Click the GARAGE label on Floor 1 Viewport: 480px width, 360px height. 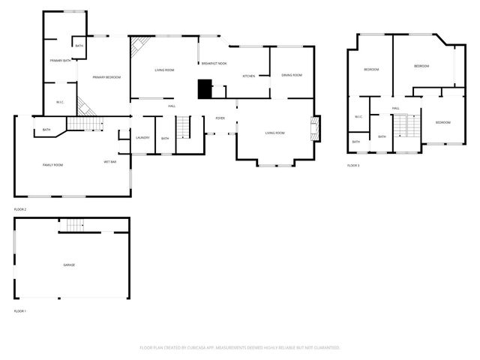pos(68,265)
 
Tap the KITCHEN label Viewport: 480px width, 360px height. pos(249,76)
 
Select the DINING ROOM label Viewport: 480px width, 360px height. pos(292,75)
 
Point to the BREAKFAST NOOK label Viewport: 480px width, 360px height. pos(214,64)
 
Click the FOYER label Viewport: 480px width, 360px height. pos(220,118)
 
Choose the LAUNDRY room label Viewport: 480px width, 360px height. pos(142,138)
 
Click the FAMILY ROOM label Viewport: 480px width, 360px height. pos(52,164)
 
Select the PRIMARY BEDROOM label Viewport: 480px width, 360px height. pos(107,77)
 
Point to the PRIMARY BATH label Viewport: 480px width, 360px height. pos(60,60)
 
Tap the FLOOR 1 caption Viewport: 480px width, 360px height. pos(19,310)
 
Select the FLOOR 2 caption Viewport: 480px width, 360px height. pos(19,209)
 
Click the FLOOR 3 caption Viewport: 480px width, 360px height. pos(352,165)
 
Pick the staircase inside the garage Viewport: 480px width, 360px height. pos(73,225)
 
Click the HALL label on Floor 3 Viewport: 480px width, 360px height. pos(395,108)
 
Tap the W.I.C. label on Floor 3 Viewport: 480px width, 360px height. pos(358,116)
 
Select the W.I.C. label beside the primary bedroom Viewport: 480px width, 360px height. pos(60,102)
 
